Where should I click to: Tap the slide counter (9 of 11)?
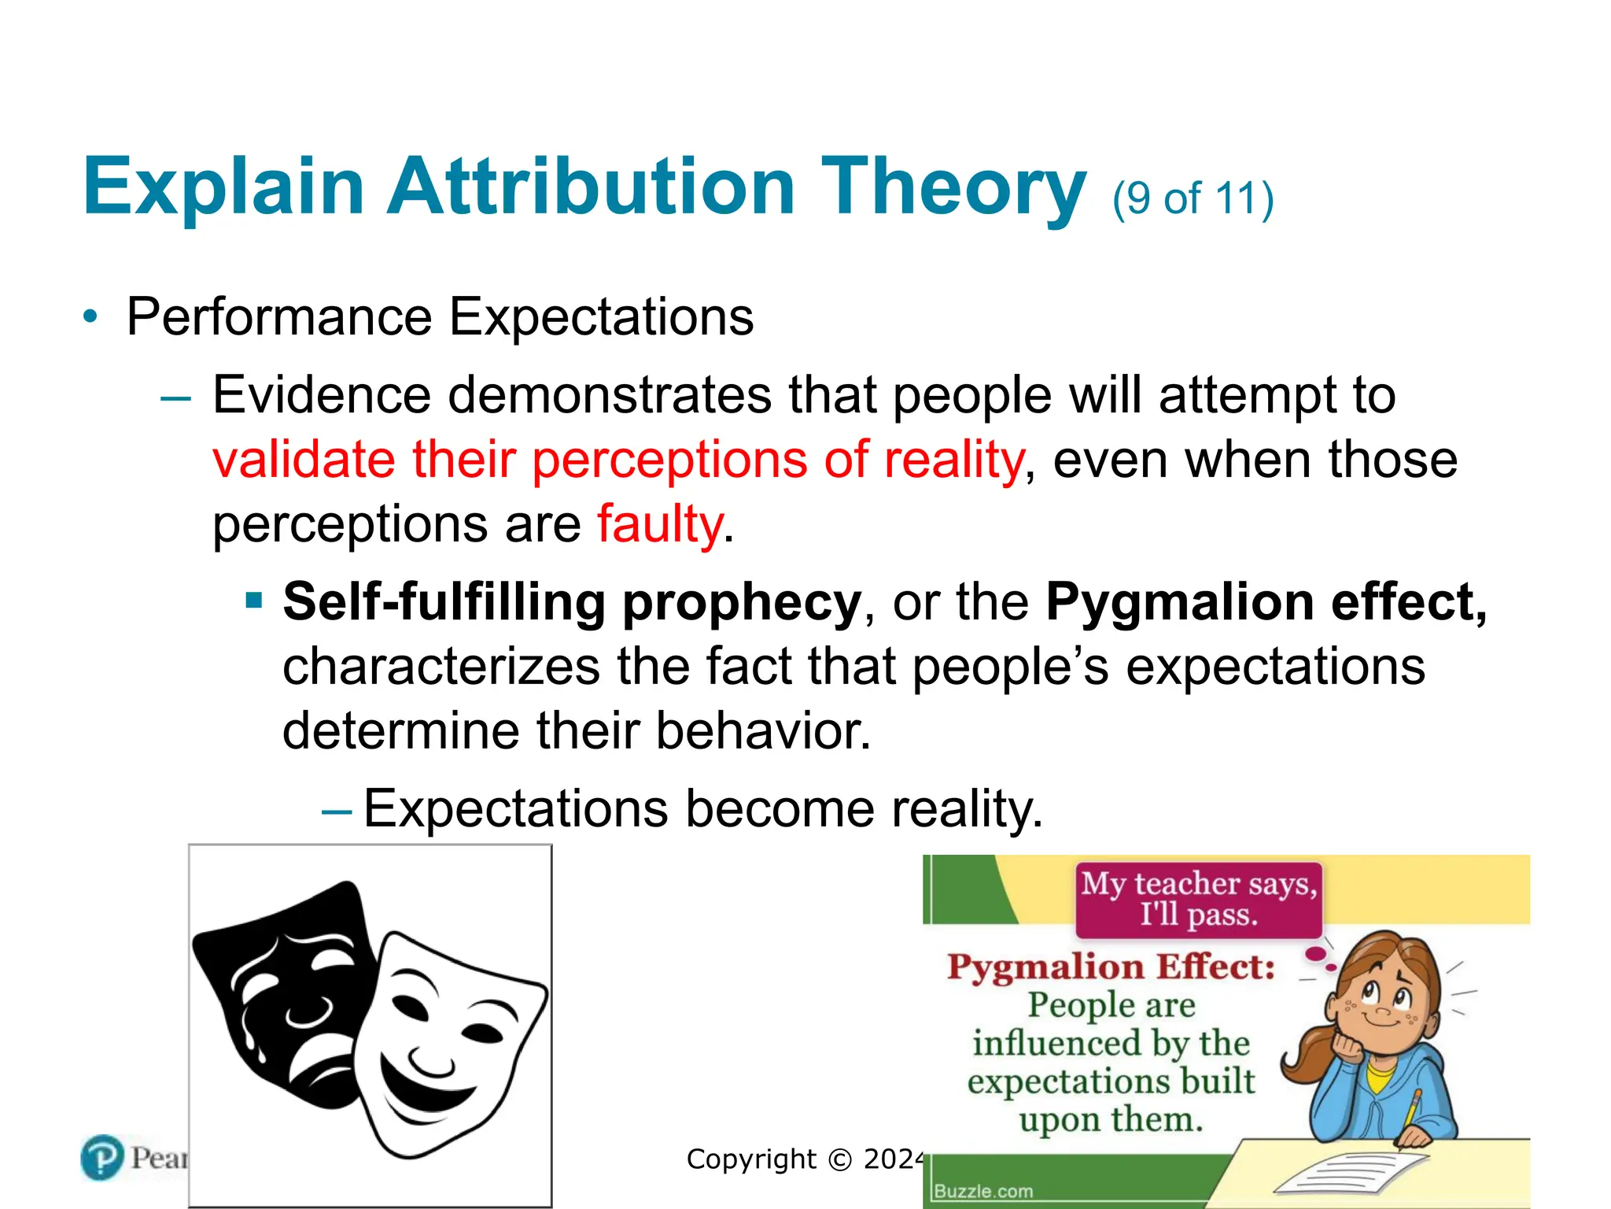[x=1193, y=198]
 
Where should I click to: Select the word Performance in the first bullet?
[x=279, y=317]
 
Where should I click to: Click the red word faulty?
[x=659, y=524]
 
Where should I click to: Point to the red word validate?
[x=304, y=460]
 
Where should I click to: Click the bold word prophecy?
[x=741, y=602]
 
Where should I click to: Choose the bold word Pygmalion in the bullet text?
[x=1179, y=602]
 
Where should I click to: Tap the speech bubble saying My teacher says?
[x=1199, y=899]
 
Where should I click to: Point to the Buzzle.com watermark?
[x=983, y=1191]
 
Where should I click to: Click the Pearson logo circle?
[x=102, y=1158]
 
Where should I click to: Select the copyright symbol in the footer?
[x=840, y=1159]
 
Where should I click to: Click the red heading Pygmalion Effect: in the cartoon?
[x=1111, y=967]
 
